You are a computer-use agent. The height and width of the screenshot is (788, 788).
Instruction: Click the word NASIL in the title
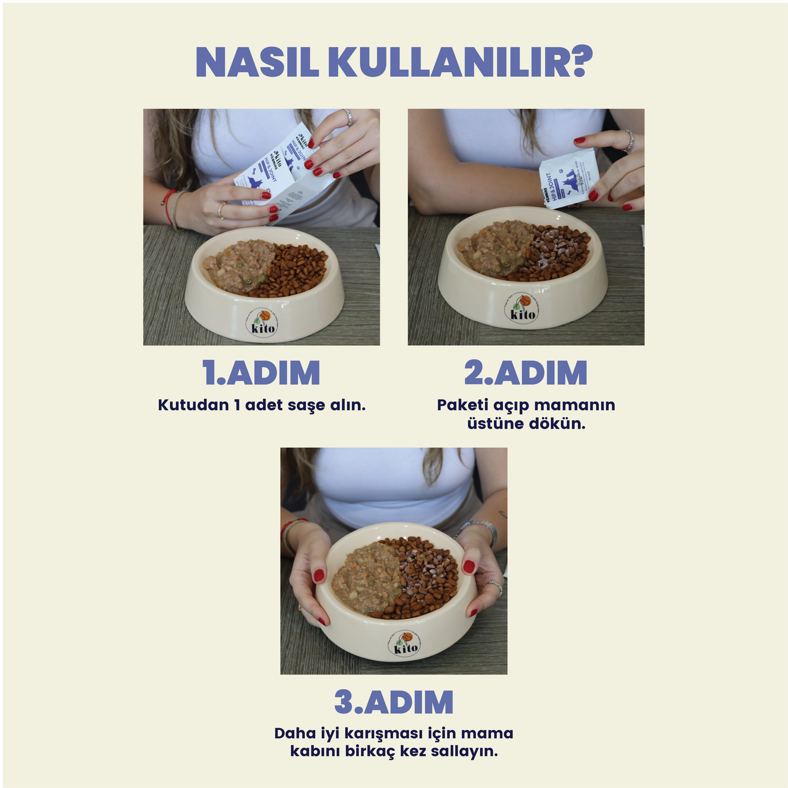point(256,63)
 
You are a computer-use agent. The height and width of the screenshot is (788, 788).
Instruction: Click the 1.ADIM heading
point(261,373)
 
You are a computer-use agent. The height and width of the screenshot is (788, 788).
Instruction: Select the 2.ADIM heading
point(526,373)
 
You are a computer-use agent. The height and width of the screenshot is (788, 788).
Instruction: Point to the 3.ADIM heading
point(394,702)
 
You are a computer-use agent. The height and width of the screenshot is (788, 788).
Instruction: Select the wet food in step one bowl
point(240,264)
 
